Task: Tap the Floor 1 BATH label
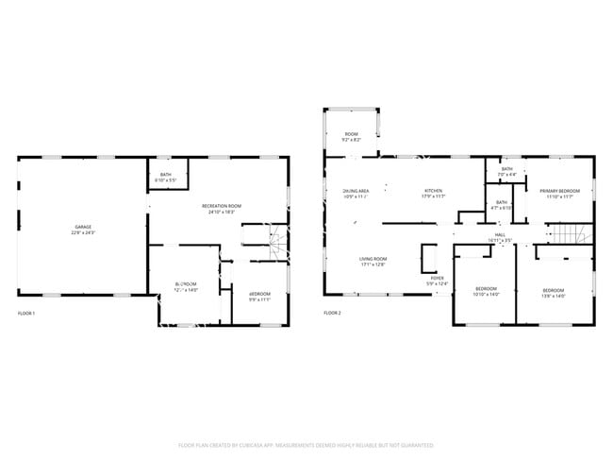(x=166, y=177)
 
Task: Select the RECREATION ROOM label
(x=222, y=208)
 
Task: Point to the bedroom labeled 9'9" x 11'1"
(x=259, y=296)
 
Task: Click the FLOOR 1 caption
(x=26, y=313)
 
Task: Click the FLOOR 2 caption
(x=332, y=313)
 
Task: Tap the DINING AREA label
(x=356, y=194)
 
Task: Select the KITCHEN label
(x=433, y=194)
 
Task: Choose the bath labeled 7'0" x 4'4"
(x=507, y=172)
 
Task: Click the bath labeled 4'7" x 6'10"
(x=502, y=205)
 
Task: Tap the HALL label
(x=501, y=238)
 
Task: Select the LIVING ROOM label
(x=373, y=261)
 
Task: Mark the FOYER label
(x=437, y=281)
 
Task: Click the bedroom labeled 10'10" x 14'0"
(x=486, y=292)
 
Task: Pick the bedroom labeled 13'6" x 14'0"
(x=553, y=292)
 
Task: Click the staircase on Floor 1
(x=276, y=245)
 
